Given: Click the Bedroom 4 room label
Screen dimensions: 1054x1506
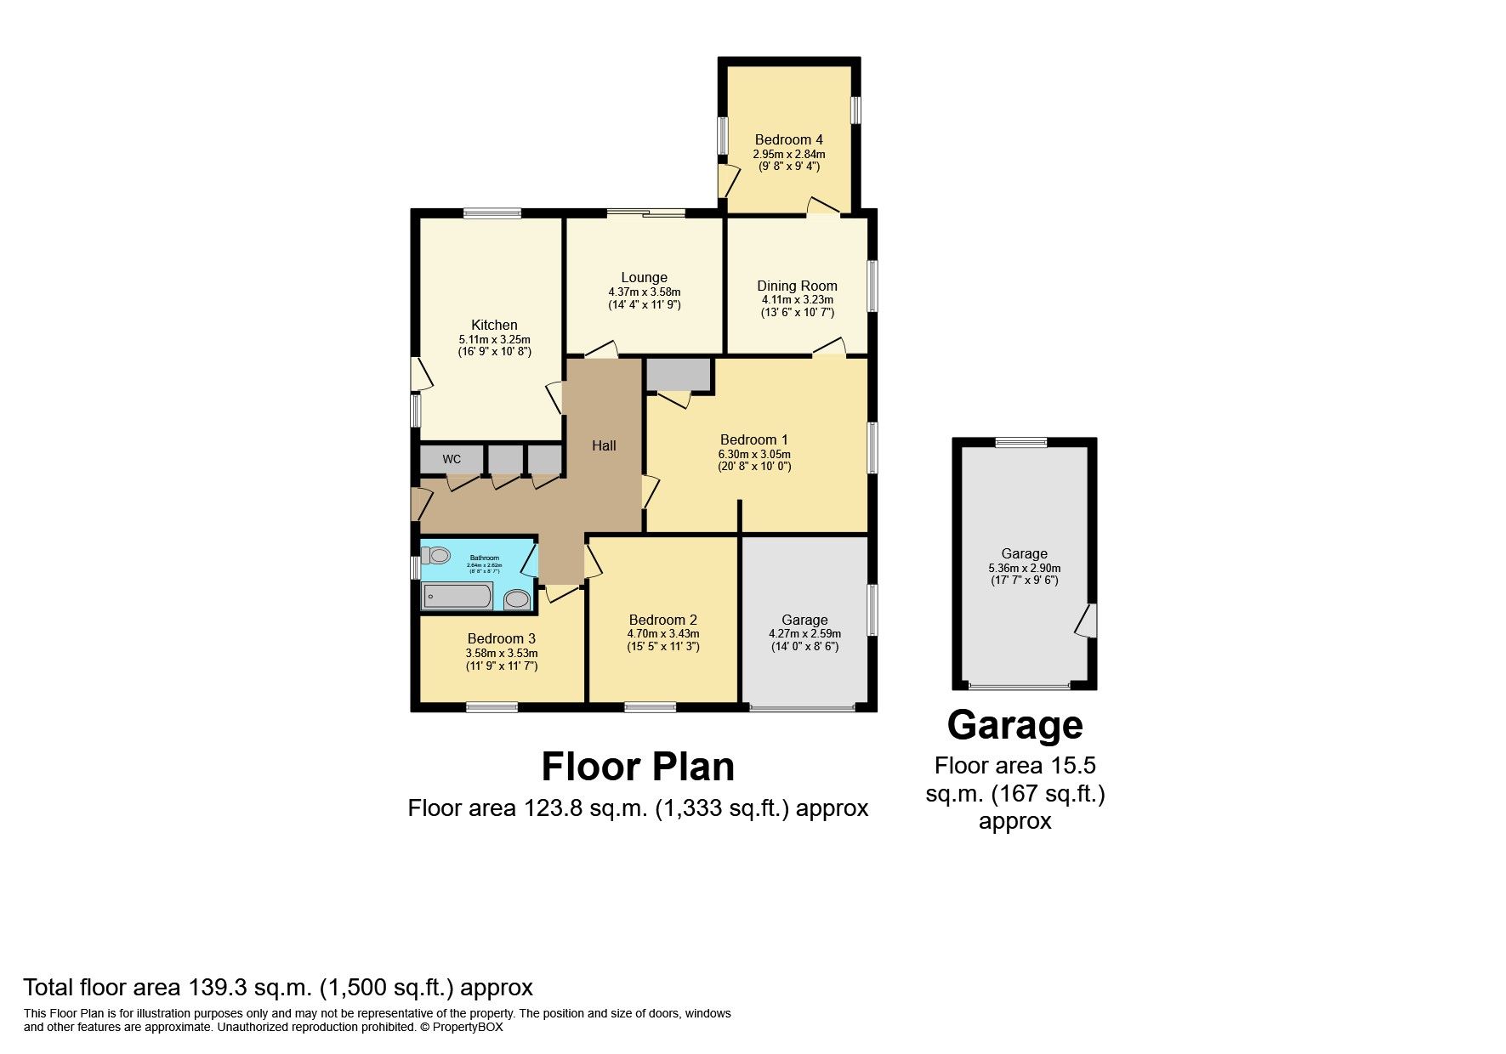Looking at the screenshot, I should click(x=788, y=139).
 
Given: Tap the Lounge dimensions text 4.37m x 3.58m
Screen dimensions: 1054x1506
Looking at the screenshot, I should click(x=644, y=292).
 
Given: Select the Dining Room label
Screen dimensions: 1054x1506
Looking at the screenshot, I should click(x=797, y=286).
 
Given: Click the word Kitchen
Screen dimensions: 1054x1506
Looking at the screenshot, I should click(x=494, y=325).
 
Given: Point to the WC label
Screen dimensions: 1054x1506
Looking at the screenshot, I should click(x=452, y=459).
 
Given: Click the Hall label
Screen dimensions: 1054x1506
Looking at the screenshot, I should click(x=604, y=445).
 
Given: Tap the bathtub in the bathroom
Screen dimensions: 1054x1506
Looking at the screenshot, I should click(x=457, y=596).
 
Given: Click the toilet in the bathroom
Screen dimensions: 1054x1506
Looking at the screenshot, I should click(x=436, y=556).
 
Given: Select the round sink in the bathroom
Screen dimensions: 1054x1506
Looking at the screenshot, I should click(x=516, y=600).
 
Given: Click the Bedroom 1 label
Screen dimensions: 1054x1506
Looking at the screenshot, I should click(x=753, y=439).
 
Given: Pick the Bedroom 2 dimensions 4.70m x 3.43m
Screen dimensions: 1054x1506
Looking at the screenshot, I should click(x=662, y=633).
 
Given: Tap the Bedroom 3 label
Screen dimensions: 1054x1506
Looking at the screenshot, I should click(x=501, y=638).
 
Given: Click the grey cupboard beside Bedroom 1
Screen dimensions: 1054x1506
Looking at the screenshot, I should click(x=678, y=374).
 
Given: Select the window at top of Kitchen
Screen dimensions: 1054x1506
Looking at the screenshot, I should click(x=492, y=214).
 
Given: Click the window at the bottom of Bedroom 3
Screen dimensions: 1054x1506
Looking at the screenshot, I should click(x=492, y=706).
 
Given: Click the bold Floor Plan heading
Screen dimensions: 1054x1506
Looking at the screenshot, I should click(x=638, y=767).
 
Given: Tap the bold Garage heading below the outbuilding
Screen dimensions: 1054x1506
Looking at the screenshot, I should click(x=1014, y=725).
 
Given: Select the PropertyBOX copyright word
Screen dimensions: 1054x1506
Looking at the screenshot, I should click(x=468, y=1027).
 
